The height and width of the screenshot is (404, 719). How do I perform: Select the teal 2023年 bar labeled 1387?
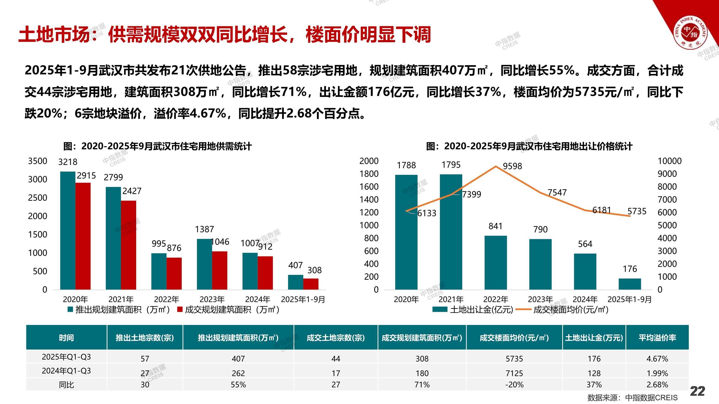point(204,264)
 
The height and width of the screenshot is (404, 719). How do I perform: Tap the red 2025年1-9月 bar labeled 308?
point(311,284)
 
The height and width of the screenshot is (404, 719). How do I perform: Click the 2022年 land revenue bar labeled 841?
point(496,262)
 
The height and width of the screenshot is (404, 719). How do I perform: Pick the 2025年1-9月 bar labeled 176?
point(630,284)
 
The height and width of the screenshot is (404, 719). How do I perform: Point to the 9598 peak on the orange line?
point(496,166)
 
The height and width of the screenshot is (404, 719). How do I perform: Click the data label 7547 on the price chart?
point(557,192)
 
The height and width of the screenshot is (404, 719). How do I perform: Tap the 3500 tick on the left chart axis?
point(38,161)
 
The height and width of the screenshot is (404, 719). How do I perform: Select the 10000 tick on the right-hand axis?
point(669,161)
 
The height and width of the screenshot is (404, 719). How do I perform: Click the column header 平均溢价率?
point(657,338)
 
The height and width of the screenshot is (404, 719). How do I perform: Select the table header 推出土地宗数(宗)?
point(145,338)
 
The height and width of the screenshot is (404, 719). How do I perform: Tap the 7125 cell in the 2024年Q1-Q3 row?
point(514,373)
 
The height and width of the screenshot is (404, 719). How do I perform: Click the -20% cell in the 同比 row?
point(514,385)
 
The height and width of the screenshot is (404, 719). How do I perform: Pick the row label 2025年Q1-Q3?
point(66,357)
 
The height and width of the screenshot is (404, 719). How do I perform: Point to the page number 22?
point(697,391)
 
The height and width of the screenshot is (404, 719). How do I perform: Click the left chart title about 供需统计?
point(157,146)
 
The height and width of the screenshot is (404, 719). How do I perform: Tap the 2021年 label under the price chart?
point(451,299)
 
